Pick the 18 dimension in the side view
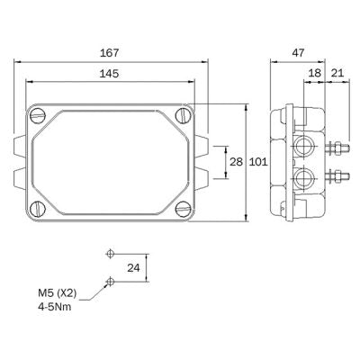pos(313,74)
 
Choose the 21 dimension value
pos(337,74)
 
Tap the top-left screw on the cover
pos(38,115)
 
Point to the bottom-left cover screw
pos(38,208)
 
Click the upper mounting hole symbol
pos(110,252)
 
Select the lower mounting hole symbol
pos(110,282)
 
